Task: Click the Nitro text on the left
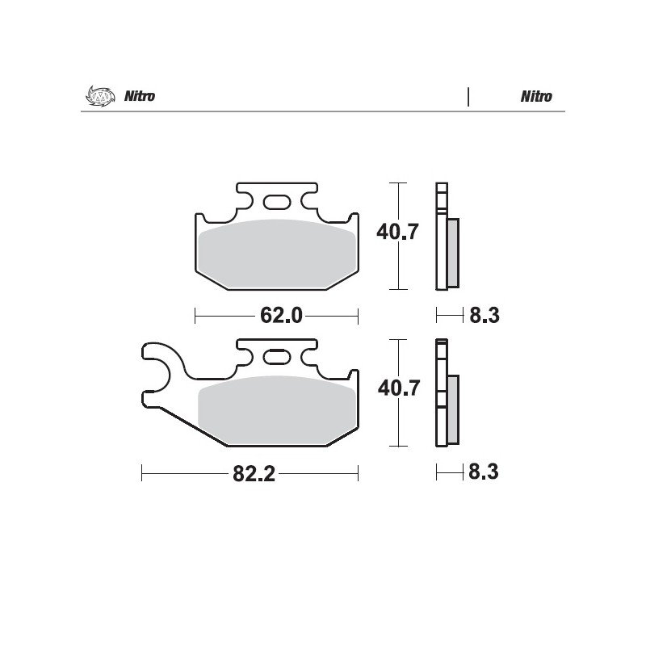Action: [140, 96]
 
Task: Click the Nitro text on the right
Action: [536, 96]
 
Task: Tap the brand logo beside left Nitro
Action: [100, 96]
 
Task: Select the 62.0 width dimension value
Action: [281, 316]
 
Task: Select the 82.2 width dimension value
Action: [254, 474]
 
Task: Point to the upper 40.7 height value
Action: [397, 232]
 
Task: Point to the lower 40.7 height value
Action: [399, 388]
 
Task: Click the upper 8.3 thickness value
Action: [484, 316]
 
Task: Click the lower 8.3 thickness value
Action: [484, 472]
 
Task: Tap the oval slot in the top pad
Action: [277, 203]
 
